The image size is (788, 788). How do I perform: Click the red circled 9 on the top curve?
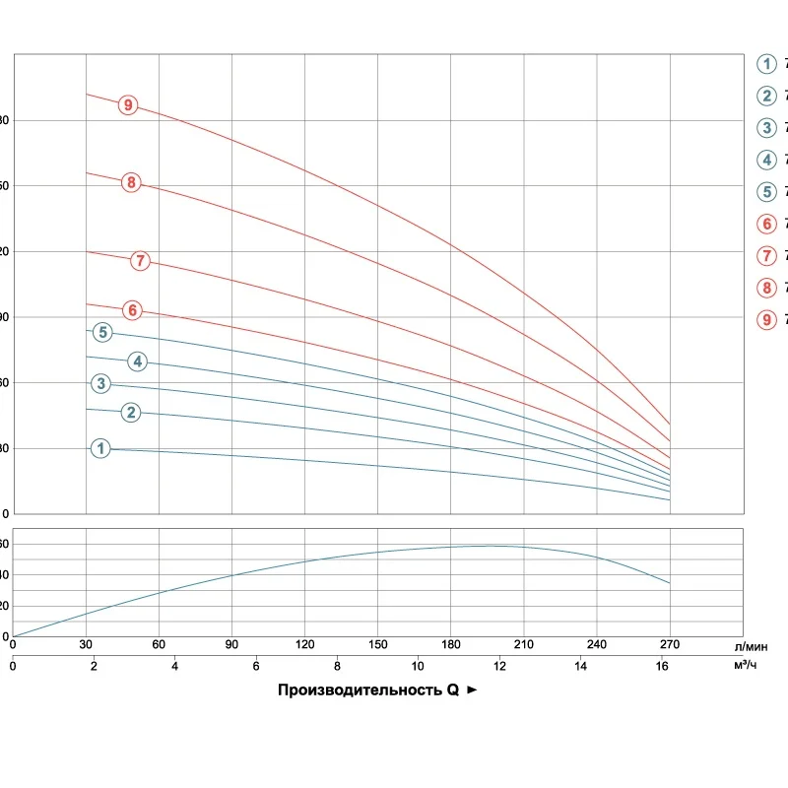[127, 104]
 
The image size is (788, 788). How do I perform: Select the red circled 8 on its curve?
[131, 182]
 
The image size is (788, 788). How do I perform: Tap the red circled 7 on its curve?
[141, 261]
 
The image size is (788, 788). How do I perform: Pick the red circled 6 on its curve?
[131, 310]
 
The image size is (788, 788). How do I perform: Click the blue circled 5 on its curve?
[103, 332]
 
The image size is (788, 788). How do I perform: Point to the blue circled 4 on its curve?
[138, 361]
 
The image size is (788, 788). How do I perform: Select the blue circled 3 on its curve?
[100, 383]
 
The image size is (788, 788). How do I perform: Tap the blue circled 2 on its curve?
[131, 412]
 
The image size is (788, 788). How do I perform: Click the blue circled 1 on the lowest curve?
[100, 448]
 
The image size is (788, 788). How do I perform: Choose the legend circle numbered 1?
[766, 64]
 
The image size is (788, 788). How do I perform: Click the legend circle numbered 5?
[766, 191]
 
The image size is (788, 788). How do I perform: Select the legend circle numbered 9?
[766, 319]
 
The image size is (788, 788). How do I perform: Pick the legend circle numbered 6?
[766, 224]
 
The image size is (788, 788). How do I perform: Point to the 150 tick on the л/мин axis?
[377, 645]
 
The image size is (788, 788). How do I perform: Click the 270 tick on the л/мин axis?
[669, 645]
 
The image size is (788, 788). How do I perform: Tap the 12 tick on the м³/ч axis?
[499, 666]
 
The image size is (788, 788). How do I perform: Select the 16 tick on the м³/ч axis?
[661, 666]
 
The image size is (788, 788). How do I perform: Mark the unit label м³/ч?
[746, 666]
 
